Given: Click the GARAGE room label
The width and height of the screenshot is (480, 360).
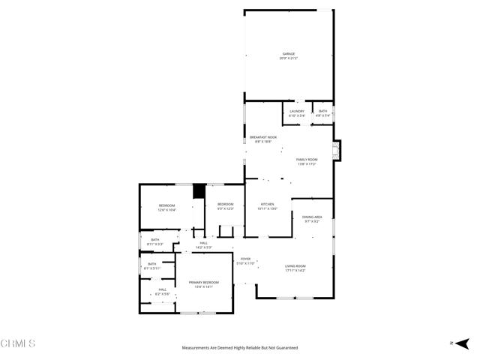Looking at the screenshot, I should point(289,54).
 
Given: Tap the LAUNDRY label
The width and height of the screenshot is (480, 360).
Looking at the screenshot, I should point(297,111).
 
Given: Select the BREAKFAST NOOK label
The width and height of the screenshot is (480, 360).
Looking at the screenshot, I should point(263,137).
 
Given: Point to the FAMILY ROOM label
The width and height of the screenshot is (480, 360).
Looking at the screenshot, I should point(307,160).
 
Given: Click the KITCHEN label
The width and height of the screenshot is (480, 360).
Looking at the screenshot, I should point(268,204).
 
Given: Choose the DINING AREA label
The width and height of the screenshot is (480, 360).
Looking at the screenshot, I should point(313,217).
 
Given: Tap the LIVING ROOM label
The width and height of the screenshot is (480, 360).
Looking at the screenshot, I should point(295,266).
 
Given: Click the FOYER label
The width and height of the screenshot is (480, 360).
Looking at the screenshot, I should point(245,259).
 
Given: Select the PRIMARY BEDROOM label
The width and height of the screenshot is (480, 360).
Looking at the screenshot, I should point(204,282).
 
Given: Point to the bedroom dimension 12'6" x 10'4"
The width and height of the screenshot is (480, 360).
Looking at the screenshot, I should point(166,210).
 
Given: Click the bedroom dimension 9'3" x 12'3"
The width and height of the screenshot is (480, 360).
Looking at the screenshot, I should point(226,208).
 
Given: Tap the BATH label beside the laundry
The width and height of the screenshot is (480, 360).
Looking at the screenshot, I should point(322,111).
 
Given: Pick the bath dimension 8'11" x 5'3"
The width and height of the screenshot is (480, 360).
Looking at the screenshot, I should point(154,244).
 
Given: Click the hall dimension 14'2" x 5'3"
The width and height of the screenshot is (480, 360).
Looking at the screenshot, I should point(204,247).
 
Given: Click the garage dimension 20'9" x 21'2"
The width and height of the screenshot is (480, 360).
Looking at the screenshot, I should point(289,58).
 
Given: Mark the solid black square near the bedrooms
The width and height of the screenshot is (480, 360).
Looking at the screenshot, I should point(199,191).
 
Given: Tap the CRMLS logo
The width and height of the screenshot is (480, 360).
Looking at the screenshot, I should point(19,343).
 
